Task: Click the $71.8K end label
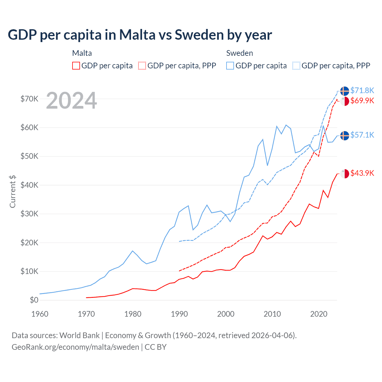coord(362,90)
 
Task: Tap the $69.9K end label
coord(362,101)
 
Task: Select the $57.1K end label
coord(362,135)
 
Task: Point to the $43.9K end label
coord(362,173)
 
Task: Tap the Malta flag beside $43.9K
coord(345,173)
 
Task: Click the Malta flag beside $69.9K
coord(345,101)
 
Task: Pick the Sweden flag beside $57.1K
coord(345,135)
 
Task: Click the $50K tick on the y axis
coord(29,156)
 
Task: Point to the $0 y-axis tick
coord(34,300)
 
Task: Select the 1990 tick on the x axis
coord(179,314)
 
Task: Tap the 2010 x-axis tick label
coord(272,314)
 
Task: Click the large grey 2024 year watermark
coord(71,101)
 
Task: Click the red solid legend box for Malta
coord(76,66)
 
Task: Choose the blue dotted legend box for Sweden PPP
coord(296,66)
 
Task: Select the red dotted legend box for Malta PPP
coord(142,66)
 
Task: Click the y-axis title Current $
coord(13,192)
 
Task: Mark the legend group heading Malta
coord(82,53)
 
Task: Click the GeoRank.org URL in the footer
coord(75,347)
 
